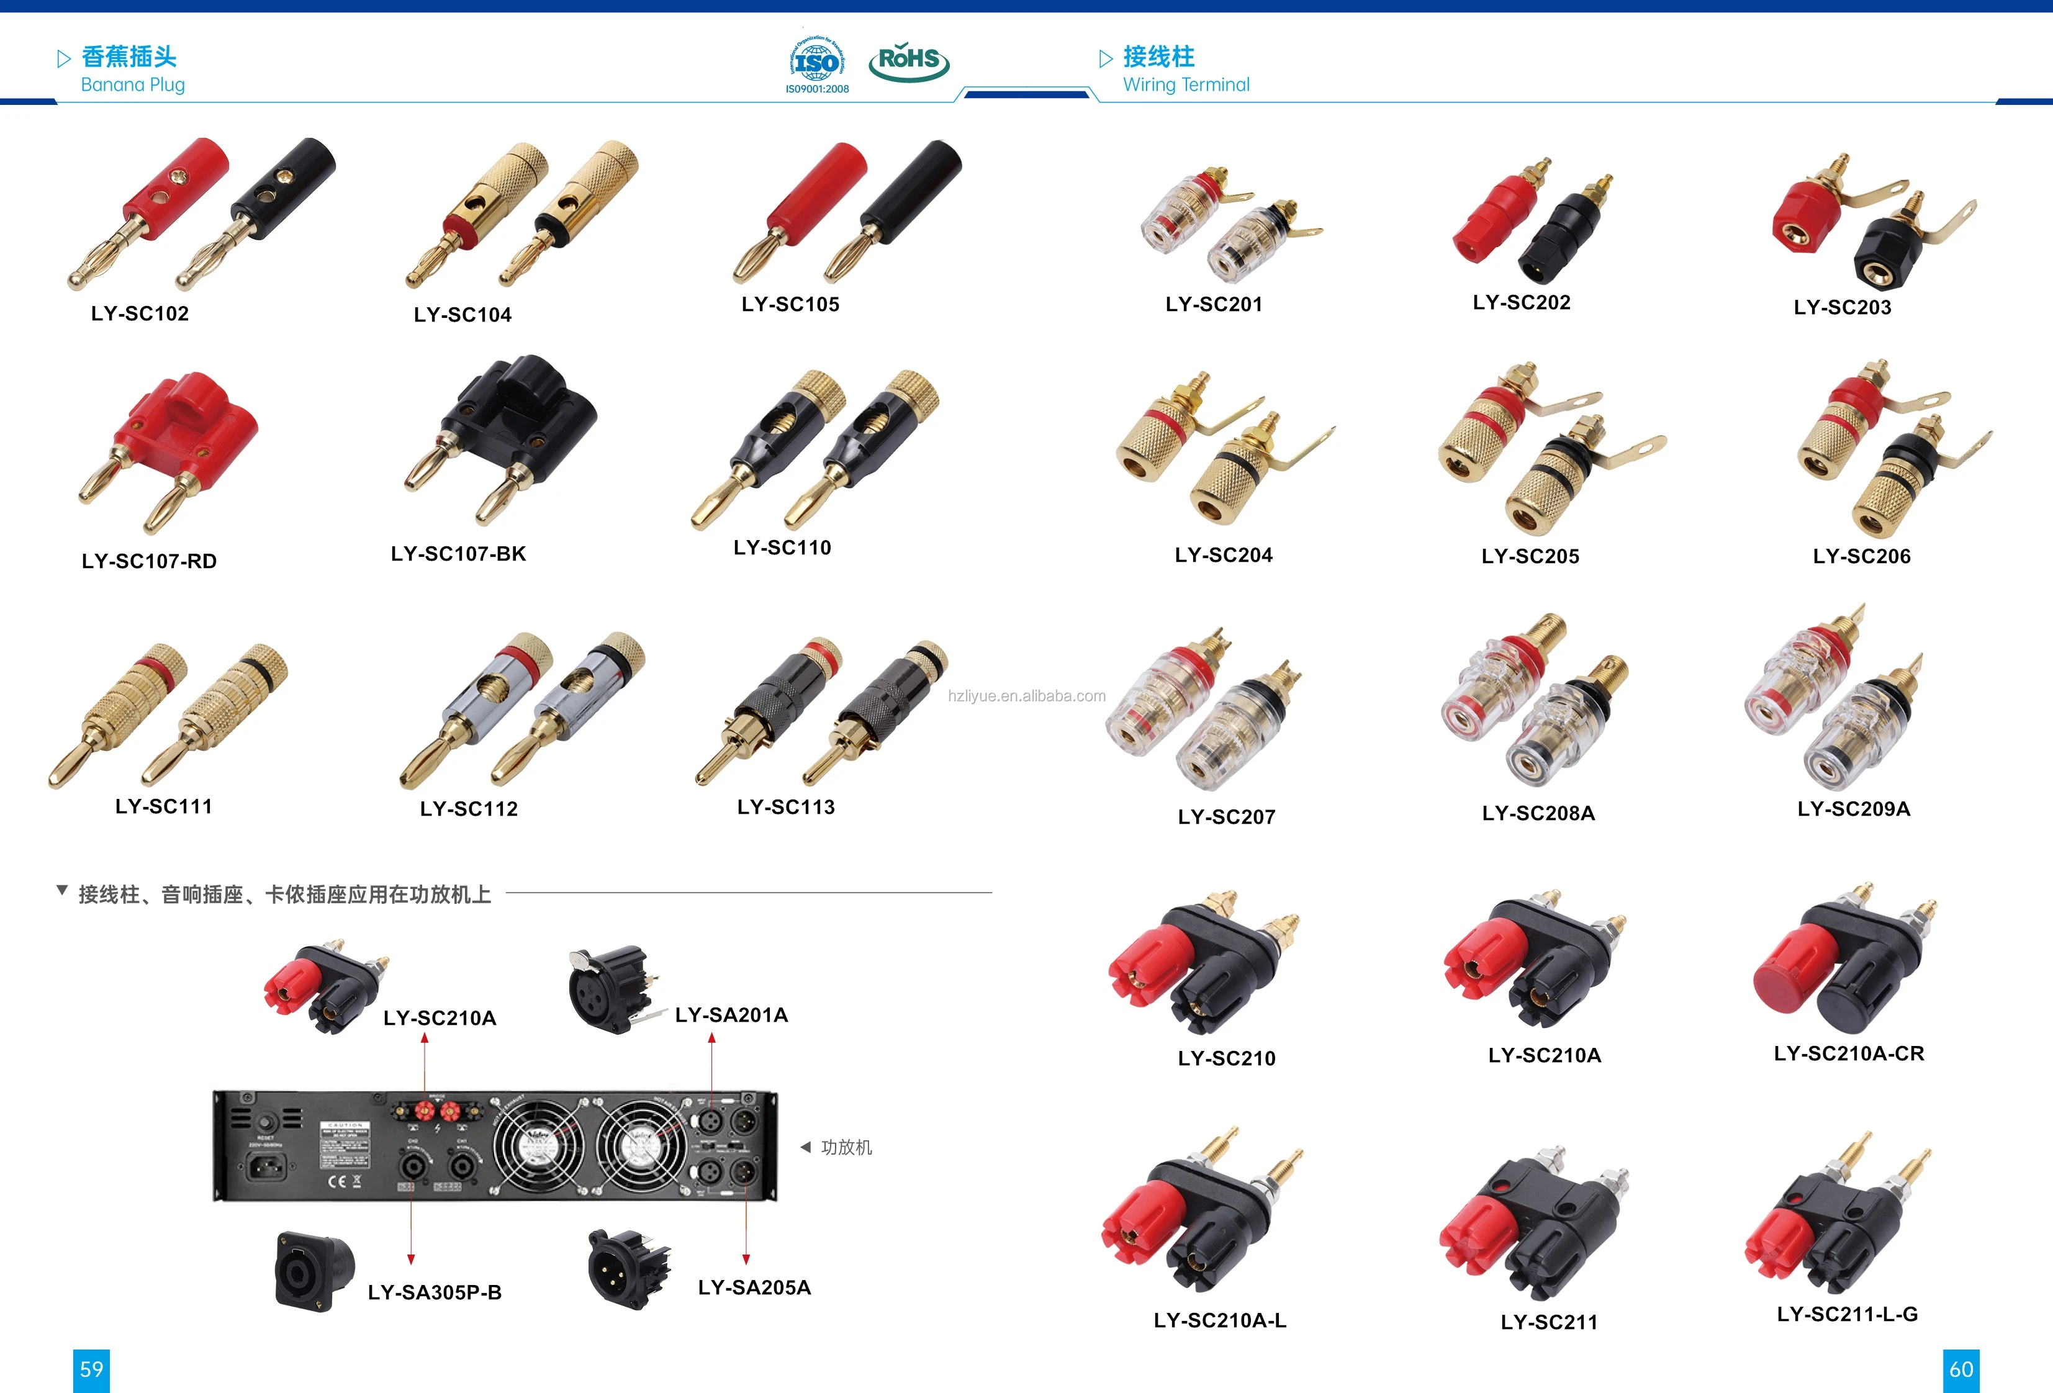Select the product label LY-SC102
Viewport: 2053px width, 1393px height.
tap(140, 313)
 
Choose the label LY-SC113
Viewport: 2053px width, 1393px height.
tap(785, 806)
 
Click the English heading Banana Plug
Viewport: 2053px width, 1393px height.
tap(132, 85)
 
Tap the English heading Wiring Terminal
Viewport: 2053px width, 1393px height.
tap(1186, 85)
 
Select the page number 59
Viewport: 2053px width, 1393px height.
tap(91, 1369)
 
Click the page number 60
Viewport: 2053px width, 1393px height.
tap(1961, 1369)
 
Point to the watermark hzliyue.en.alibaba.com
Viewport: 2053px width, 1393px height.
tap(1027, 696)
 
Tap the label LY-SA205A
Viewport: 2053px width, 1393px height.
tap(754, 1287)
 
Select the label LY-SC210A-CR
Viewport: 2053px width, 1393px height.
tap(1848, 1053)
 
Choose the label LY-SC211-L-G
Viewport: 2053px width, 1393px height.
tap(1847, 1314)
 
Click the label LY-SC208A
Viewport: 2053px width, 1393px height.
tap(1538, 813)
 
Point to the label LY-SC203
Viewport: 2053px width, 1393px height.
tap(1842, 307)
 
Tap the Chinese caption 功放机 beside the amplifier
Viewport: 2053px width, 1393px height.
tap(846, 1147)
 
